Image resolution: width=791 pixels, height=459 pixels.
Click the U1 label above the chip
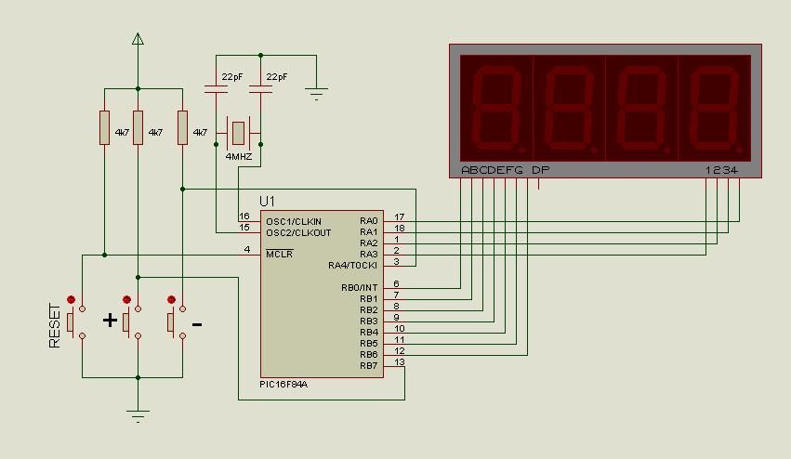[x=268, y=201]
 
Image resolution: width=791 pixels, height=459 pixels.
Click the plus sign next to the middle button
[x=110, y=321]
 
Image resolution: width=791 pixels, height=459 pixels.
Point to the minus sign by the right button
[x=197, y=323]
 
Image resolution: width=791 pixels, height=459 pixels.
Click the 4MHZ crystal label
[x=239, y=157]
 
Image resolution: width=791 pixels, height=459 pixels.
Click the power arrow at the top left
[x=138, y=39]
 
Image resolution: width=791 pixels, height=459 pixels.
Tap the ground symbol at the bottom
[x=138, y=415]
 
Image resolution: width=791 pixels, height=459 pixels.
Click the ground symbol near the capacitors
[x=316, y=93]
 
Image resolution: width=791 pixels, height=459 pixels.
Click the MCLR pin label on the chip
[x=279, y=254]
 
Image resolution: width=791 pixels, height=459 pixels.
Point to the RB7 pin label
[x=369, y=366]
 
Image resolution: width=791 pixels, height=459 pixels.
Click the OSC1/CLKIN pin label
[x=293, y=221]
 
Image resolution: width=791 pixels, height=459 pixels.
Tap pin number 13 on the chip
[x=399, y=362]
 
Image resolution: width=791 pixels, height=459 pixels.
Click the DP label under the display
[x=539, y=170]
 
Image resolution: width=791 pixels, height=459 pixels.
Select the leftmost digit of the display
[x=496, y=105]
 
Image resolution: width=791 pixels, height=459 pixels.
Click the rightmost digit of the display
[x=715, y=105]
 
